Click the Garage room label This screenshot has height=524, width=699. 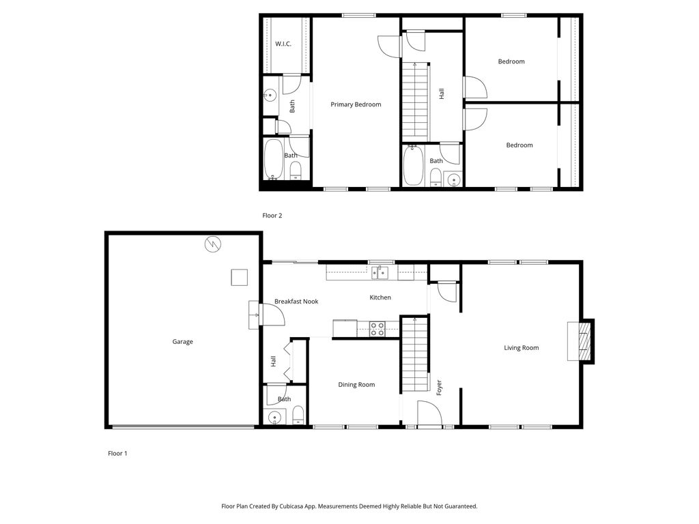tap(182, 342)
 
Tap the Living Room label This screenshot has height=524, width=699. tap(521, 348)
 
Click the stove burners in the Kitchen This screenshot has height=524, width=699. tap(377, 329)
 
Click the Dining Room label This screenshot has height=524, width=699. tap(356, 385)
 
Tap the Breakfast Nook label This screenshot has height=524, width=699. tap(296, 302)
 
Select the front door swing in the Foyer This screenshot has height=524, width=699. tap(428, 413)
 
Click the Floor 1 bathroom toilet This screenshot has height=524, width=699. tap(298, 415)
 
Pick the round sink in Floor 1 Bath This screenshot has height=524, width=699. tap(276, 417)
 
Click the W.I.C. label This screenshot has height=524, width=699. tap(283, 44)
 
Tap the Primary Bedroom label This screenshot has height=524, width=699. tap(356, 104)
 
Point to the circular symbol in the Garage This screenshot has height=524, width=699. tap(213, 244)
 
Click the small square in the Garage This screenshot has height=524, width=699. tap(239, 277)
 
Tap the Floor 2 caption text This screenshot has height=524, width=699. tap(272, 216)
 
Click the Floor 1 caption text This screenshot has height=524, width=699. tap(117, 453)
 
